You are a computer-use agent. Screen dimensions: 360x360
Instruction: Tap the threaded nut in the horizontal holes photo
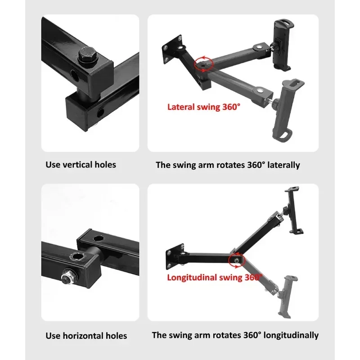point(70,277)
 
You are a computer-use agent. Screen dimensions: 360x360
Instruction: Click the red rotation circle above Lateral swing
point(204,64)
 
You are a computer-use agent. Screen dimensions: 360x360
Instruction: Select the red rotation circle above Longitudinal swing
point(237,260)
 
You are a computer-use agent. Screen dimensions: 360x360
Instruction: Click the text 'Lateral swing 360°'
point(204,107)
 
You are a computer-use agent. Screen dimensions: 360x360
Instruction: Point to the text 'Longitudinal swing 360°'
point(215,277)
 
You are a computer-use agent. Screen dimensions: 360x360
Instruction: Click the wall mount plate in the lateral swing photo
point(172,49)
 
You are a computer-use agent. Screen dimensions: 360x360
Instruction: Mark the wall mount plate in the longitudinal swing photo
point(175,256)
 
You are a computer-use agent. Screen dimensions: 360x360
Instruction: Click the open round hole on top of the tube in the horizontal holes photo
point(99,238)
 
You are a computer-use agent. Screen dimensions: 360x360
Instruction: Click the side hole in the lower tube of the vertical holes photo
point(100,112)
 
